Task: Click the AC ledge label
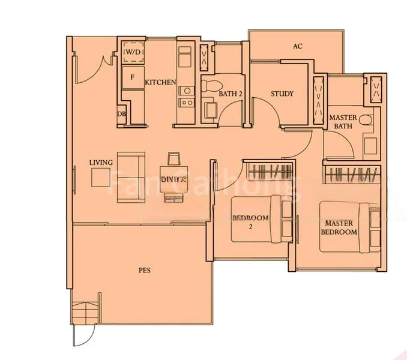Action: pyautogui.click(x=297, y=46)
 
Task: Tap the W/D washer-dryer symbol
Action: pyautogui.click(x=131, y=53)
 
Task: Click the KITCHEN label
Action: pyautogui.click(x=160, y=82)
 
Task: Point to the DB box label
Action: pyautogui.click(x=121, y=114)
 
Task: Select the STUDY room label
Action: pyautogui.click(x=282, y=94)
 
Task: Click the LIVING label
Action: pyautogui.click(x=101, y=163)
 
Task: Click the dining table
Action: pyautogui.click(x=174, y=178)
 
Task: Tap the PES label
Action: pyautogui.click(x=144, y=271)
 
